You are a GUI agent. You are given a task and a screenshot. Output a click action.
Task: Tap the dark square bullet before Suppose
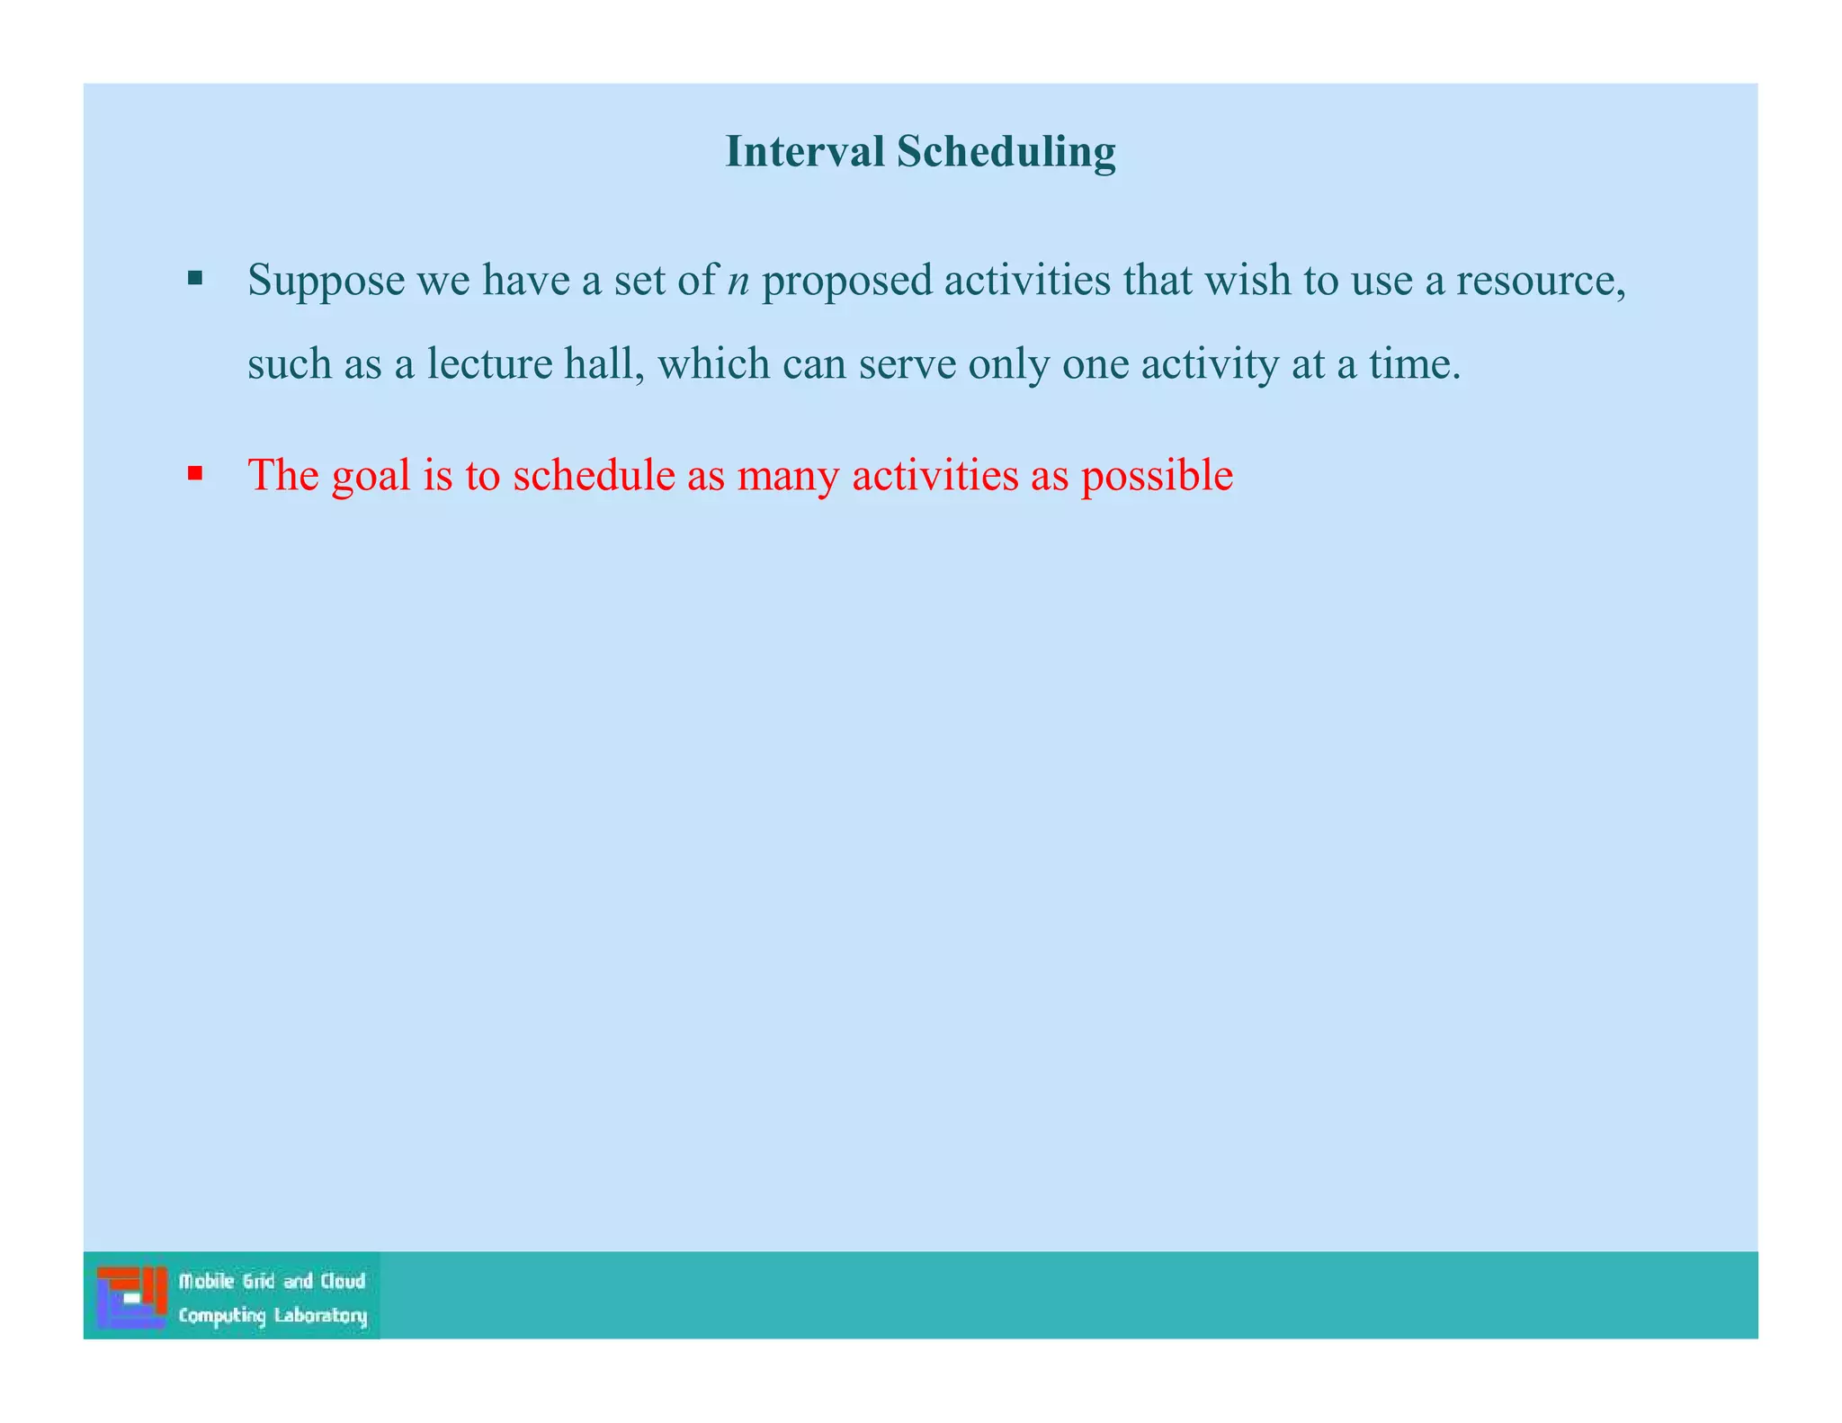tap(195, 278)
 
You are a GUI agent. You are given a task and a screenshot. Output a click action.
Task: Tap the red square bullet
tap(195, 472)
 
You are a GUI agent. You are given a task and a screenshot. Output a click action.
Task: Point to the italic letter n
tap(738, 282)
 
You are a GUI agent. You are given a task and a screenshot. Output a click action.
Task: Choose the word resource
tap(1539, 280)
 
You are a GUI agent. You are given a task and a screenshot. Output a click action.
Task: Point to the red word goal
tap(371, 476)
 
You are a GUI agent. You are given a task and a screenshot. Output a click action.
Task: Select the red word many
tap(788, 476)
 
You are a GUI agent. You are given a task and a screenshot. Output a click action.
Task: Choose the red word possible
tap(1157, 476)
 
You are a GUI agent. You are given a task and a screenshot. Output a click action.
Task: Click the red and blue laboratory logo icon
tap(132, 1296)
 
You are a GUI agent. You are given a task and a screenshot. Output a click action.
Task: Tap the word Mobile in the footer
tap(207, 1281)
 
